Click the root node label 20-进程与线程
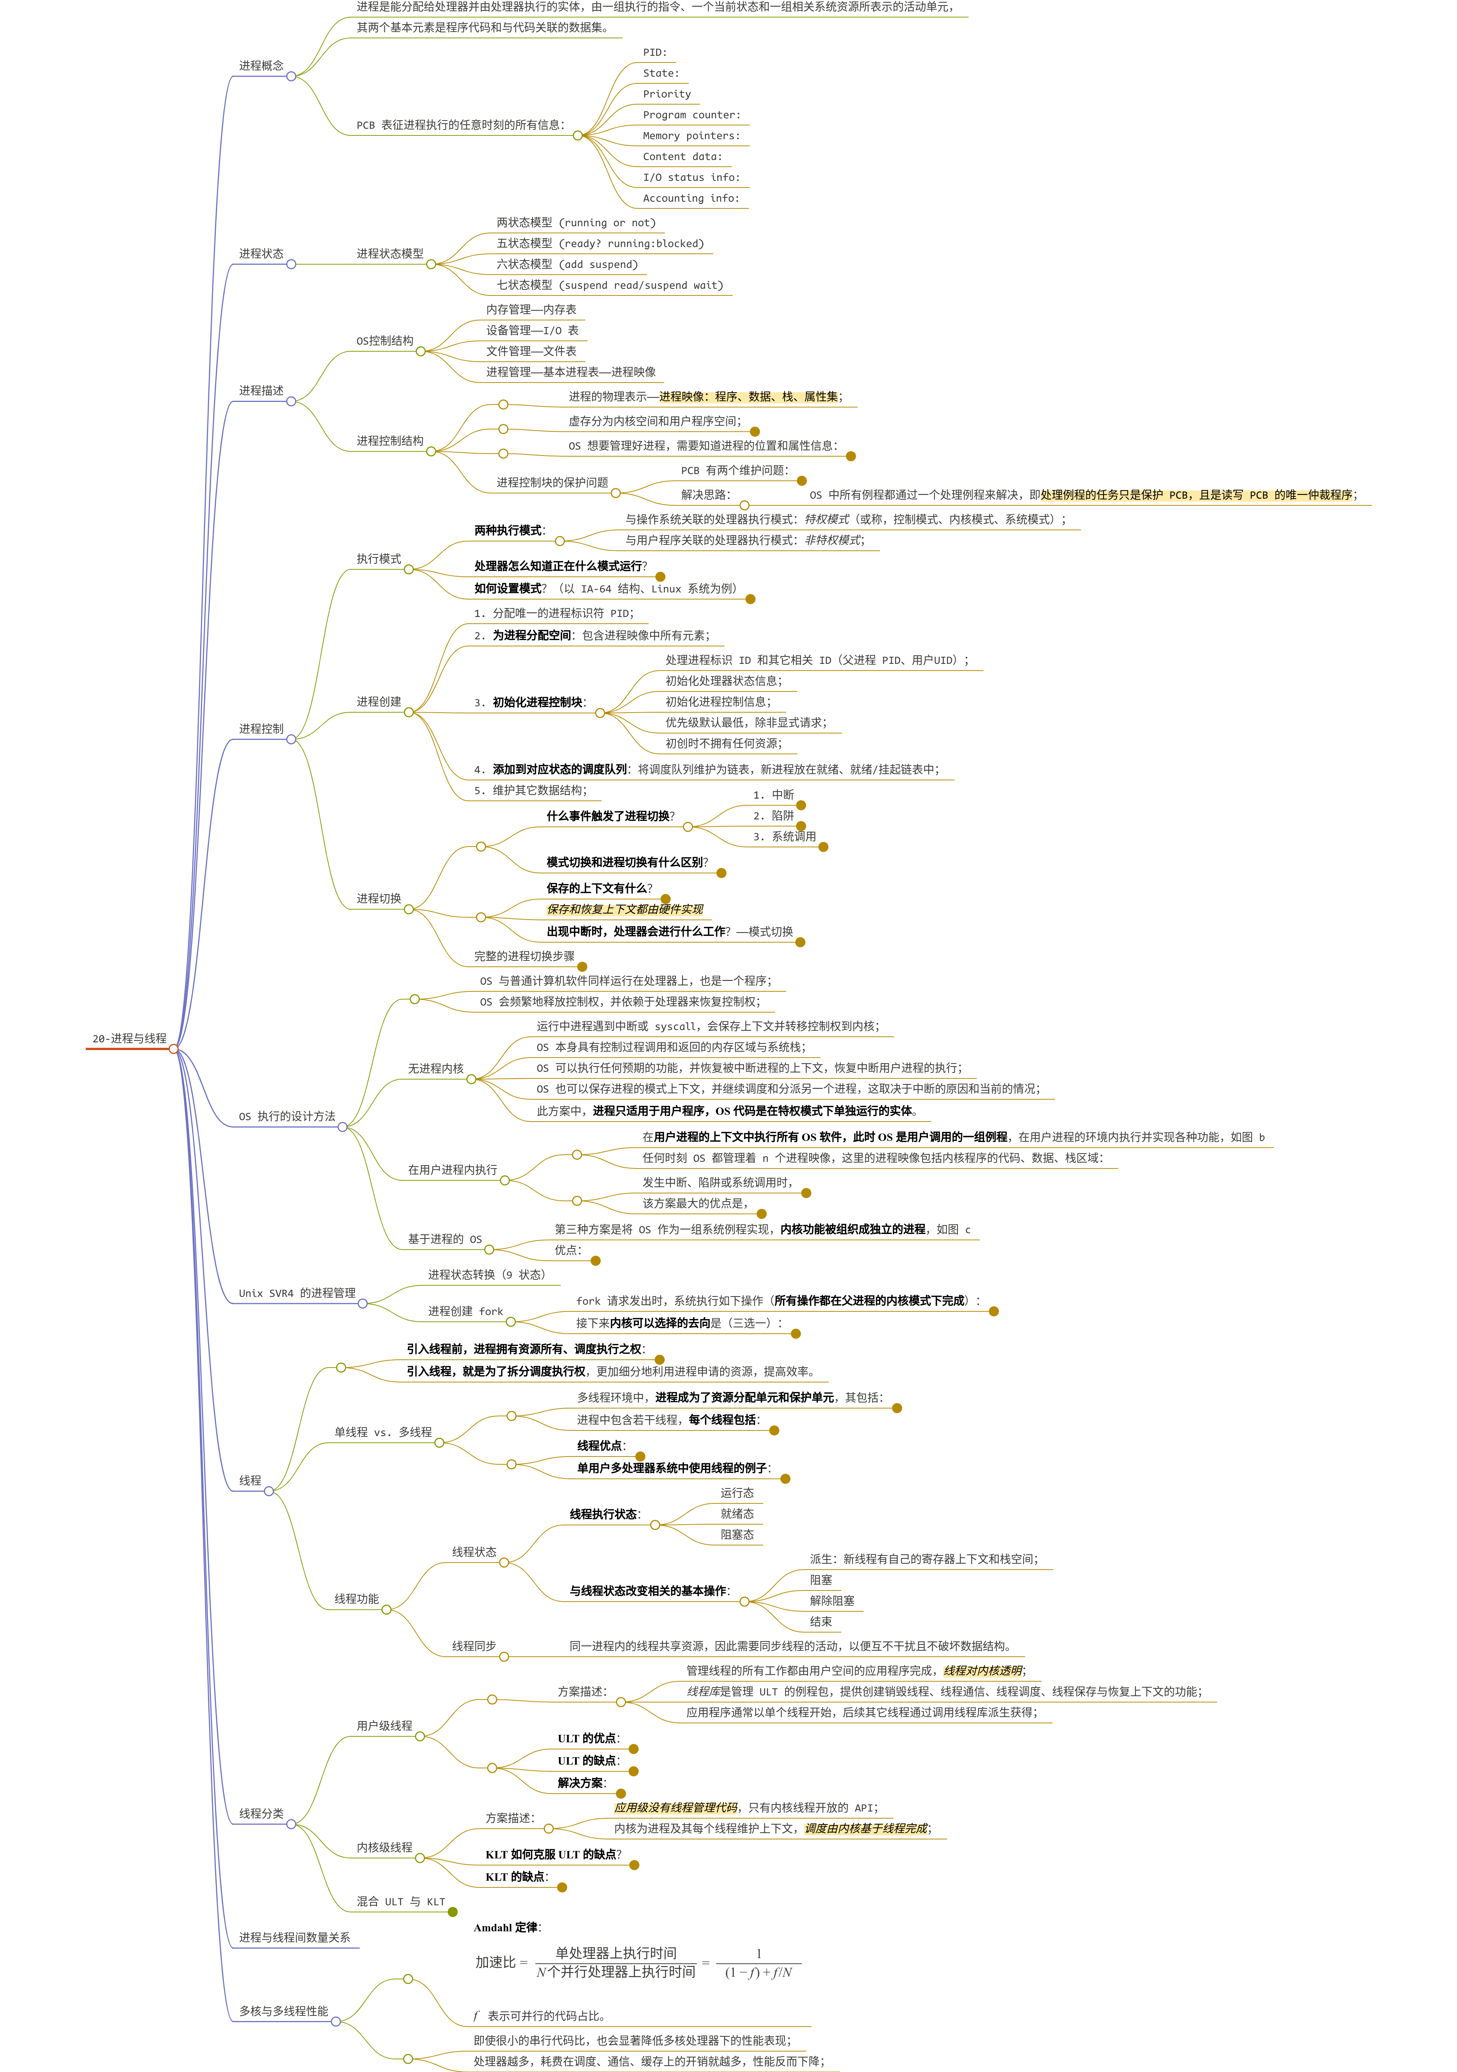click(x=129, y=1039)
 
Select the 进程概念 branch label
click(x=261, y=66)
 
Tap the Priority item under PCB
click(x=666, y=94)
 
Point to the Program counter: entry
click(x=691, y=115)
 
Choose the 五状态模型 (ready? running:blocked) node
click(x=600, y=244)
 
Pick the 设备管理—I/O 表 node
click(x=532, y=330)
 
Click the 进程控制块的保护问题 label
click(x=552, y=483)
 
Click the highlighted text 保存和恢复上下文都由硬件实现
click(x=624, y=909)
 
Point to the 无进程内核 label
click(x=435, y=1068)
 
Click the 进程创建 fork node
click(x=465, y=1311)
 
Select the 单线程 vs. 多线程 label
click(x=383, y=1432)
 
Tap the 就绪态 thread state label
click(x=737, y=1514)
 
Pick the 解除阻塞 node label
click(x=831, y=1601)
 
